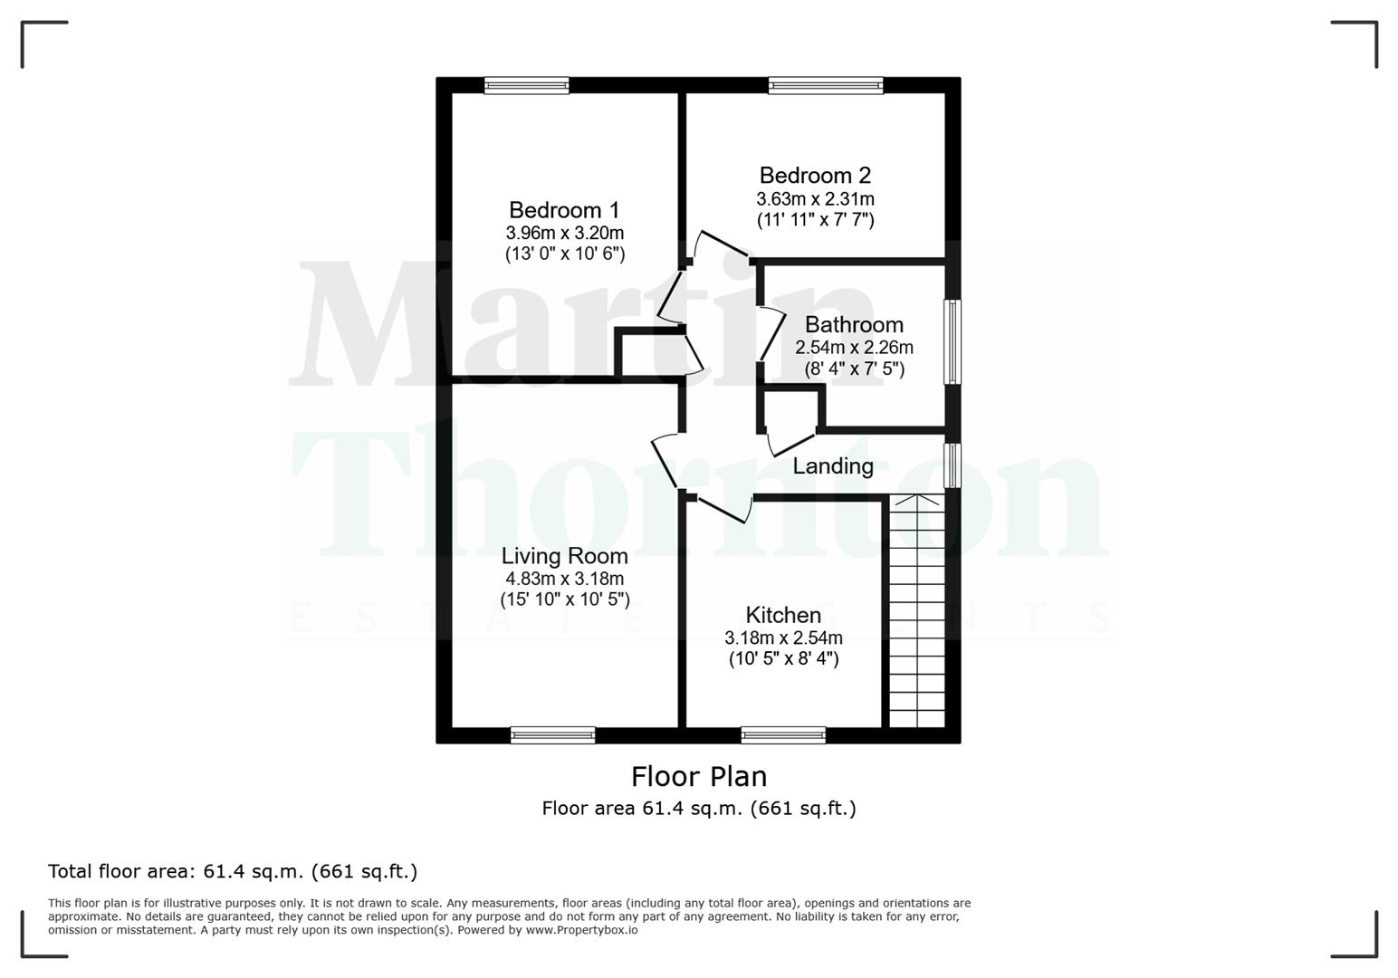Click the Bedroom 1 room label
tap(564, 210)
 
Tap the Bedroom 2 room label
tap(815, 175)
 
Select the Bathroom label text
tap(854, 324)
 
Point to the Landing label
tap(833, 466)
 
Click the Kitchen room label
tap(783, 615)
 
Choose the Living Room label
tap(564, 556)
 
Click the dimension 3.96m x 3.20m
tap(564, 233)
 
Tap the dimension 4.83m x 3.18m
tap(564, 579)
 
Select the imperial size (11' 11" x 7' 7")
tap(815, 219)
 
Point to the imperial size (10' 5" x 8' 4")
tap(783, 659)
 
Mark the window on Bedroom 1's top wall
tap(526, 85)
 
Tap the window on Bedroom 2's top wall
tap(825, 85)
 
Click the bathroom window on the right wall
tap(952, 341)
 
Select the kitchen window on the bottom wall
tap(783, 734)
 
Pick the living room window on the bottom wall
tap(552, 734)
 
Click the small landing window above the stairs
tap(952, 465)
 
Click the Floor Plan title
tap(698, 776)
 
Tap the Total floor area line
tap(233, 871)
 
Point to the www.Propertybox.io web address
tap(581, 930)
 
